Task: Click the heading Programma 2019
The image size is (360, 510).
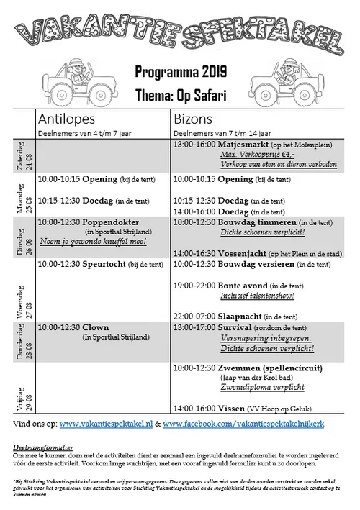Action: point(180,71)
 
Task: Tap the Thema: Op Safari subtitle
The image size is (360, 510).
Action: point(180,94)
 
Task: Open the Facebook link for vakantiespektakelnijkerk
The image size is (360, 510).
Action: point(243,424)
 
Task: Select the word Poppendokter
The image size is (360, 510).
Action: point(111,222)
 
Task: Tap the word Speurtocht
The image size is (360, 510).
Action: point(105,264)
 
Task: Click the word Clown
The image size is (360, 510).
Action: point(96,327)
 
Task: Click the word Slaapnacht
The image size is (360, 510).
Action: point(238,316)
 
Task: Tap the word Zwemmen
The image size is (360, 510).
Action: point(241,368)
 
